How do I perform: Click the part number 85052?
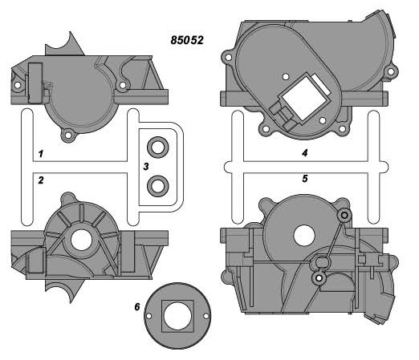tap(187, 40)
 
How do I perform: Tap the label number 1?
tap(41, 154)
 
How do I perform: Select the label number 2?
tap(41, 180)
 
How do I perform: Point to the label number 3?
tap(146, 167)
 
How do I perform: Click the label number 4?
tap(304, 153)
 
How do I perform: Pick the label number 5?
tap(305, 179)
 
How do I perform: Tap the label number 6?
tap(137, 307)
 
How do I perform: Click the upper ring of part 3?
tap(158, 148)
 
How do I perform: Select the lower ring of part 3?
tap(158, 186)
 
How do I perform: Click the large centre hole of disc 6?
tap(177, 316)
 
